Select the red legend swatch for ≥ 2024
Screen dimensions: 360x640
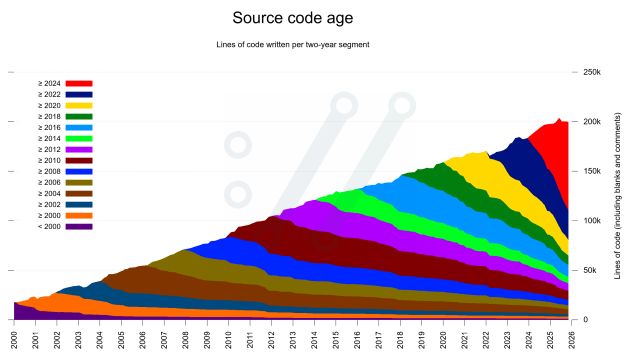tap(80, 83)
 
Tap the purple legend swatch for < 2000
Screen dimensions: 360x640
tap(80, 226)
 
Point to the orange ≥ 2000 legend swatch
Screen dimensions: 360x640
tap(80, 215)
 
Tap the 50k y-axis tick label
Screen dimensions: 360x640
tap(587, 270)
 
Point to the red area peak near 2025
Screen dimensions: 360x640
tap(559, 121)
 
